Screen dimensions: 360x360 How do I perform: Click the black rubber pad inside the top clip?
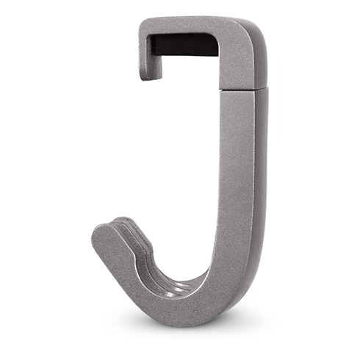point(184,45)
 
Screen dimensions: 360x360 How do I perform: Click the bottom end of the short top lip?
point(150,75)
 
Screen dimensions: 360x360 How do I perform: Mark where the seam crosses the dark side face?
point(260,87)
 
